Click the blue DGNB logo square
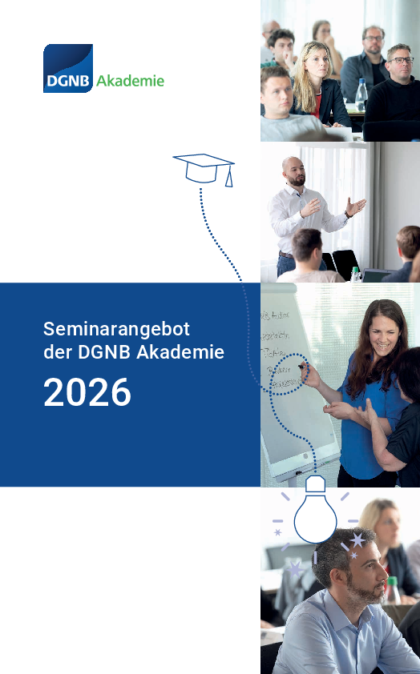68,68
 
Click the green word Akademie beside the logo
130,81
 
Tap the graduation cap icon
203,166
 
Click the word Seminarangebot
115,329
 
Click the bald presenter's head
294,170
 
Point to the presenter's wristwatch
349,213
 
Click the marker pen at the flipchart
302,367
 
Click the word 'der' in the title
56,351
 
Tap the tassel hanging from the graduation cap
228,177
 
